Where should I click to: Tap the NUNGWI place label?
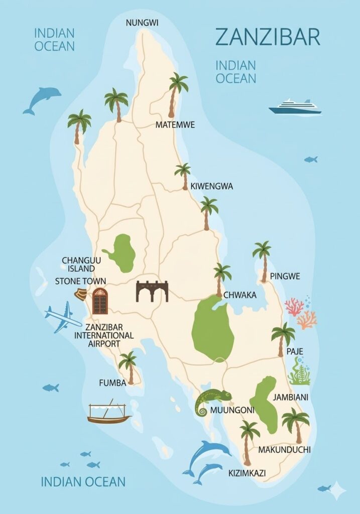click(x=142, y=23)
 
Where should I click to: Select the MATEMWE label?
click(x=175, y=124)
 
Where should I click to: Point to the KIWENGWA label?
click(x=211, y=186)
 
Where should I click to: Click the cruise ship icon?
click(x=295, y=107)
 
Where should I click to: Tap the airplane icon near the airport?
click(x=63, y=317)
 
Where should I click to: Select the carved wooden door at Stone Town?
click(x=100, y=301)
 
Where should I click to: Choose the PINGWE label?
click(x=285, y=276)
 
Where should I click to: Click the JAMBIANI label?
click(x=290, y=397)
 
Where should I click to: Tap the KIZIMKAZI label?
click(x=247, y=472)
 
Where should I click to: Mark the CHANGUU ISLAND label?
click(x=78, y=264)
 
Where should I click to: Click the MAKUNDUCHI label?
click(x=284, y=450)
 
